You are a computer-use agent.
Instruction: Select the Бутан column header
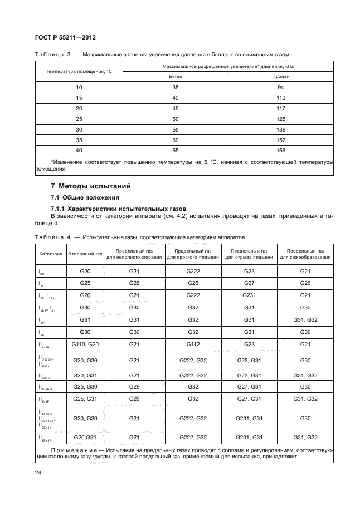175,77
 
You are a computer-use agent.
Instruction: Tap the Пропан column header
280,77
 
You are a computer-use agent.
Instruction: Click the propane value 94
280,88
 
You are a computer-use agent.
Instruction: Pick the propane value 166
280,151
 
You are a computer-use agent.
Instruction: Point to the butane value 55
175,129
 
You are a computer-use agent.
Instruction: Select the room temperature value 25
79,119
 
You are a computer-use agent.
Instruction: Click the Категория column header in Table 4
50,254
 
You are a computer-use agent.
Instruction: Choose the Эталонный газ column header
85,254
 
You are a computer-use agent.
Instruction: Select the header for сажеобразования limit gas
305,254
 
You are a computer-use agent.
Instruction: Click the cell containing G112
193,345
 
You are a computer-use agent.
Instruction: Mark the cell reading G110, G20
85,345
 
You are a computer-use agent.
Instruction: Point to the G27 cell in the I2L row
249,283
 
